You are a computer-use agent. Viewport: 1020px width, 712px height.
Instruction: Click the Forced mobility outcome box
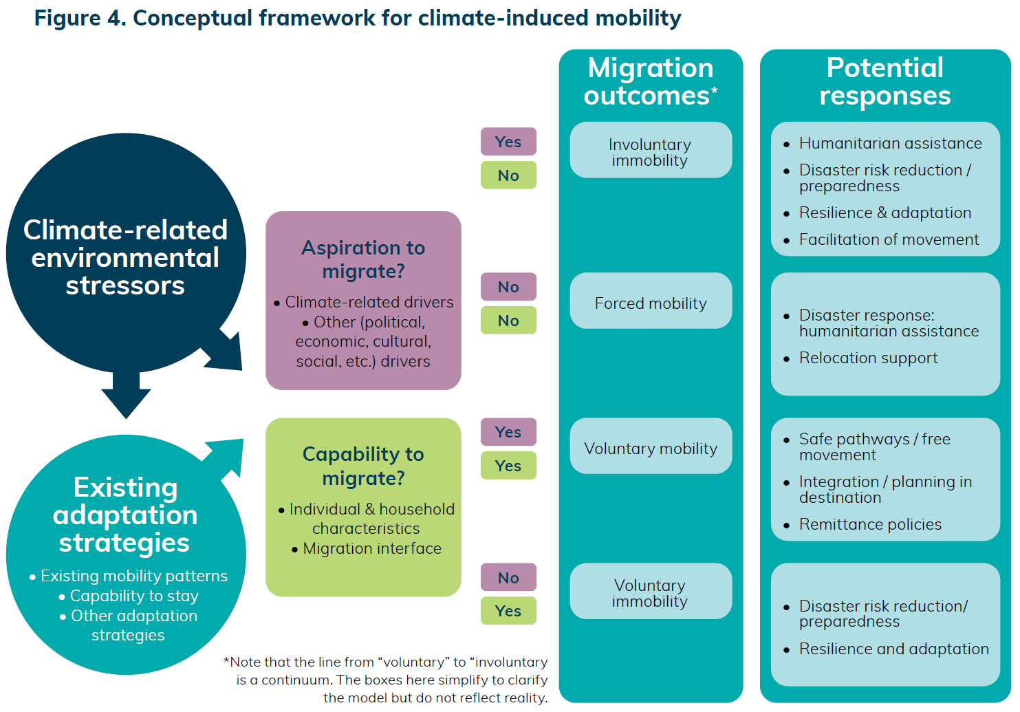[651, 301]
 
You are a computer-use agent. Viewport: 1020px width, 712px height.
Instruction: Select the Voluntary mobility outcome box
[651, 446]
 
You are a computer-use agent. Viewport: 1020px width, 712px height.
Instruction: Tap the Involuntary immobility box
[651, 150]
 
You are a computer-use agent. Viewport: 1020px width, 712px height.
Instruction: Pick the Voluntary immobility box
[651, 592]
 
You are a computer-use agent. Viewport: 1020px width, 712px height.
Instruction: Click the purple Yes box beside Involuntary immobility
[509, 142]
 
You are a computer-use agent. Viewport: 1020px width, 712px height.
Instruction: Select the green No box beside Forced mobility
[509, 321]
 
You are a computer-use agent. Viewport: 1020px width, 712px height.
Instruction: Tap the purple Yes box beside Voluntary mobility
[509, 432]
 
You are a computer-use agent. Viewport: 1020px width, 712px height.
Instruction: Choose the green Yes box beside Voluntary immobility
[509, 611]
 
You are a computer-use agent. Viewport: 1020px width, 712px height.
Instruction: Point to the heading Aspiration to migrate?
[363, 259]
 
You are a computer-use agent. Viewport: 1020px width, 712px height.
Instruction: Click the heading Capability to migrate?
[363, 466]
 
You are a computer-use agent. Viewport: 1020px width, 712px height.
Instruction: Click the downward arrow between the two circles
[126, 394]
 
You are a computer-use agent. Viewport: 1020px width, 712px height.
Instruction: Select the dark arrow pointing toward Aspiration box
[226, 352]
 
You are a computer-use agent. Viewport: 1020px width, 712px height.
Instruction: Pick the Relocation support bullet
[860, 358]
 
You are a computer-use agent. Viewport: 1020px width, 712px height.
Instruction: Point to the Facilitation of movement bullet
[880, 239]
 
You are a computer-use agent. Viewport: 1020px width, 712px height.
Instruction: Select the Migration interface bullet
[367, 548]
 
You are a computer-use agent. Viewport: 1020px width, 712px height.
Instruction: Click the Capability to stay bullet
[129, 596]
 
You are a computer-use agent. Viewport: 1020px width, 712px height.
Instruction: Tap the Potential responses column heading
[885, 82]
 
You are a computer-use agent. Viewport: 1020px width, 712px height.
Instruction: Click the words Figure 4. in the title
[80, 18]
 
